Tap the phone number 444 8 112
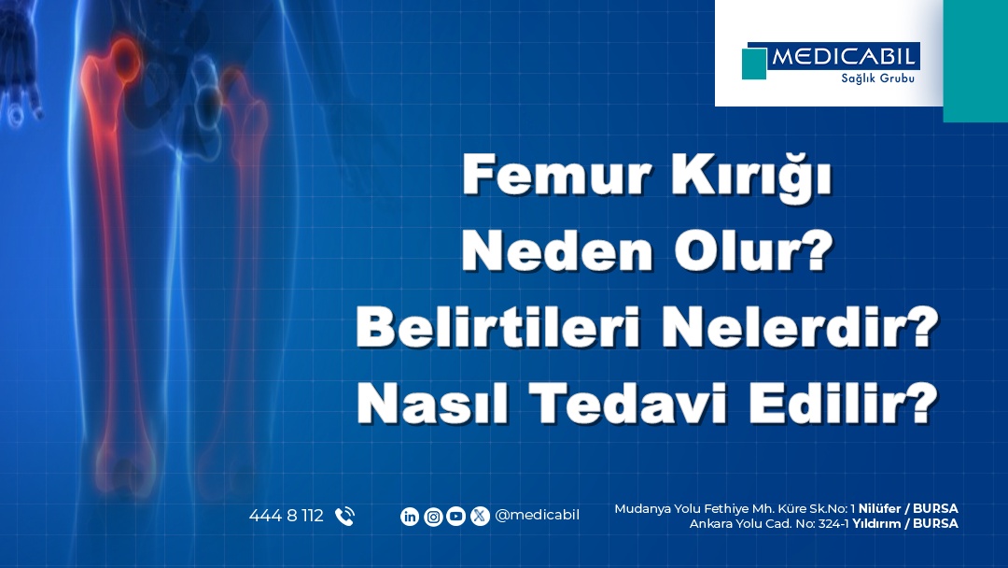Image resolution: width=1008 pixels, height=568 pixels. tap(286, 516)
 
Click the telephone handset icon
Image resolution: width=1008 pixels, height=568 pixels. tap(344, 516)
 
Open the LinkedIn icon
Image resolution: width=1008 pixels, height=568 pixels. tap(410, 516)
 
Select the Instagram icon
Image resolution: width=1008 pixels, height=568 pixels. tap(433, 516)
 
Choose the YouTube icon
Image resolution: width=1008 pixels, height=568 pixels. tap(456, 516)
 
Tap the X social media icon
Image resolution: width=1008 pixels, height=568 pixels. tap(480, 516)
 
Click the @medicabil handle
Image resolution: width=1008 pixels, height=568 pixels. tap(537, 516)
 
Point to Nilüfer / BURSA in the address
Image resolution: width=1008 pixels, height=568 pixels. tap(907, 508)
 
